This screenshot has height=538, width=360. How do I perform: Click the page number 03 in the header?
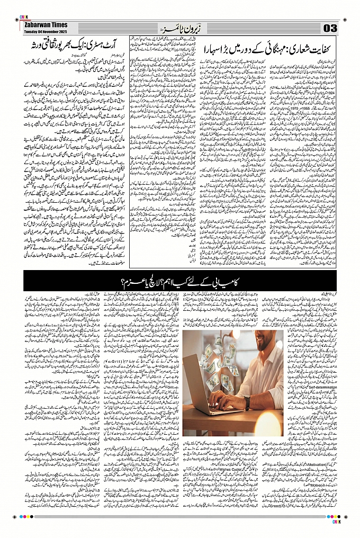pyautogui.click(x=329, y=28)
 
